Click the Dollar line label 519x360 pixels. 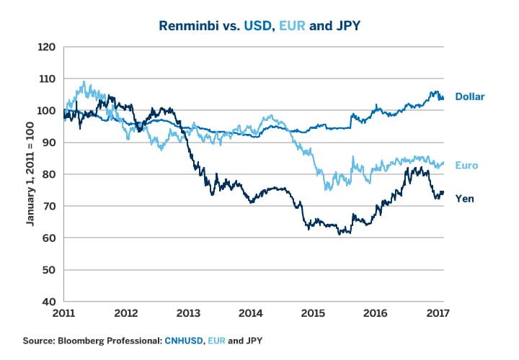coord(469,96)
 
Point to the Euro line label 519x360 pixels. coord(466,165)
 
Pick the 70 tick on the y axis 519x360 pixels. coord(49,206)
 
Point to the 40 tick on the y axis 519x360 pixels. coord(49,301)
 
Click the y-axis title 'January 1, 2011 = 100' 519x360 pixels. coord(32,174)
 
